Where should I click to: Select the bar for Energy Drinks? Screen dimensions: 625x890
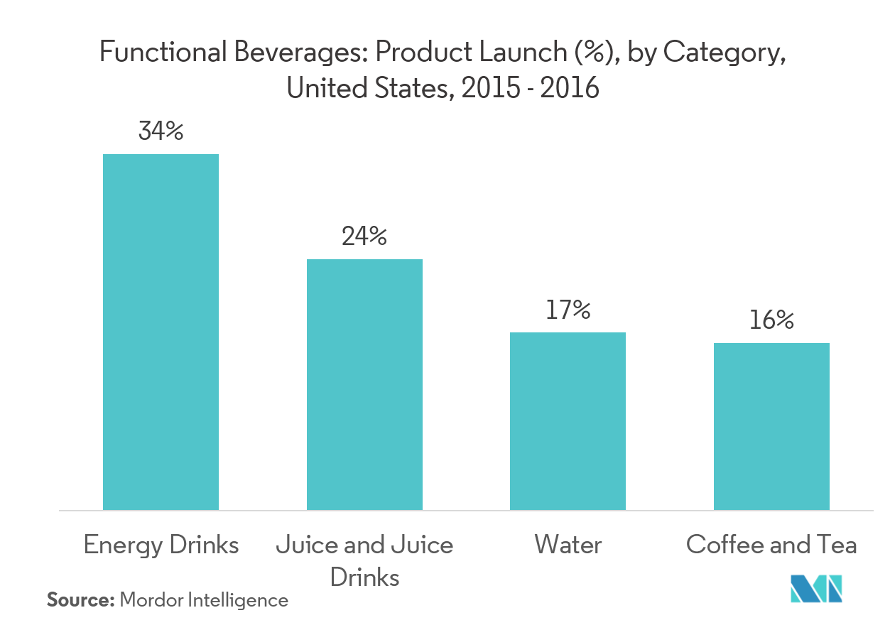161,332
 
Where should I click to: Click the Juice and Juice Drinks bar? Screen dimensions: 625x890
364,384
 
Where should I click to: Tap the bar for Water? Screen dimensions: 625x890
568,420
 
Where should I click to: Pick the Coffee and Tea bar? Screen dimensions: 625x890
771,426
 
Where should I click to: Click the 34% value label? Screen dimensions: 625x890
161,131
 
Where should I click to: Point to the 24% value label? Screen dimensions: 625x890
364,236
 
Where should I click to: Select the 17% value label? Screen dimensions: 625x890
568,310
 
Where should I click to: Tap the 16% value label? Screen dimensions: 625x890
771,320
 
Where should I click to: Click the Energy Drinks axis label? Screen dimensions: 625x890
161,545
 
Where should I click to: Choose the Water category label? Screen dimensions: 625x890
568,545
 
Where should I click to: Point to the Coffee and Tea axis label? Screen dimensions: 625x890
771,545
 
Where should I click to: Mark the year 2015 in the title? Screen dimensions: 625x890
484,89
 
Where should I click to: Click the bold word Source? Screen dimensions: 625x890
80,600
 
